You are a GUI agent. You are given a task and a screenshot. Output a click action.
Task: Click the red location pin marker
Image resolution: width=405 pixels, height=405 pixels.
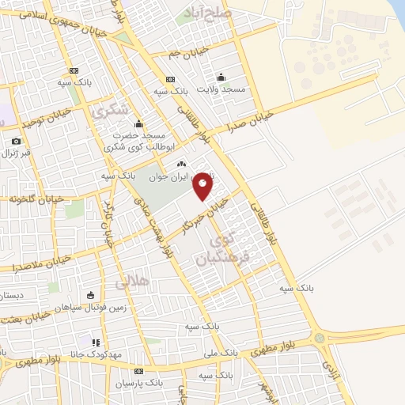(x=202, y=186)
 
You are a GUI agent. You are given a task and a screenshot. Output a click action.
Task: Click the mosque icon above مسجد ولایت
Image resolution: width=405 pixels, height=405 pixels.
(x=221, y=77)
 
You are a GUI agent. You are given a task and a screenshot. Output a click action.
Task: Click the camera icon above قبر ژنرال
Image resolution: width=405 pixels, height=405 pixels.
(x=16, y=142)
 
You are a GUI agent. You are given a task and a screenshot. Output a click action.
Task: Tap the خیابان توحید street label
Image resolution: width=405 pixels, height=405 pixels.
(x=47, y=118)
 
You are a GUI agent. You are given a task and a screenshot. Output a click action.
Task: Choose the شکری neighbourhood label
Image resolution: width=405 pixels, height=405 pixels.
(x=110, y=111)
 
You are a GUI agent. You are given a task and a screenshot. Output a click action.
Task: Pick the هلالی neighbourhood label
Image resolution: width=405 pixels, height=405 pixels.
(x=131, y=280)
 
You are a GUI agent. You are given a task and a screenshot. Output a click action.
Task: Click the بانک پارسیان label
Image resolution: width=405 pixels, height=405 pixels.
(x=138, y=383)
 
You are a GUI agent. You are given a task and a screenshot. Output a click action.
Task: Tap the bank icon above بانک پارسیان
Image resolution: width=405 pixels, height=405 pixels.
(x=138, y=371)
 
